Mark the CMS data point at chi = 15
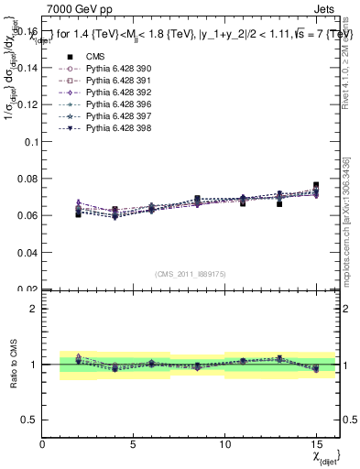(x=316, y=185)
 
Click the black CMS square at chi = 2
(x=79, y=213)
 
